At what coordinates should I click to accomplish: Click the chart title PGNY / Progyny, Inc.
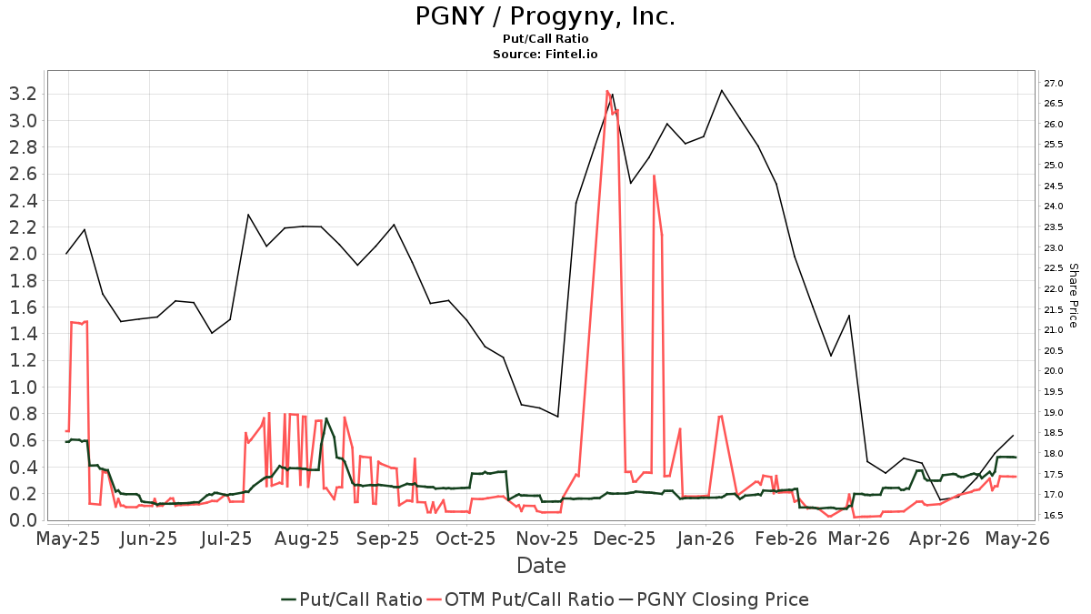point(545,16)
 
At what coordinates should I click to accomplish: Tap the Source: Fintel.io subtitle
point(545,54)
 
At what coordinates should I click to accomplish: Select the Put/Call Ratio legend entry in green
point(352,599)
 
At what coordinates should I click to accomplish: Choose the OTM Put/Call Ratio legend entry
point(521,599)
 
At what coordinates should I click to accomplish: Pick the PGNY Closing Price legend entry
point(714,599)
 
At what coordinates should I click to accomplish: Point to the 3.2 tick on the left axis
point(24,94)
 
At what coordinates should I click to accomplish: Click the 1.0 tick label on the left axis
point(24,388)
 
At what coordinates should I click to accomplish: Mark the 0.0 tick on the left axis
point(24,520)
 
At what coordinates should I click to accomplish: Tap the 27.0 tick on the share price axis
point(1054,84)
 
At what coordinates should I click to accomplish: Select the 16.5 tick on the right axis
point(1054,516)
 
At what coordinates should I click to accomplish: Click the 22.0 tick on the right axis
point(1054,289)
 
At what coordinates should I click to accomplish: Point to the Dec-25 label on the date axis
point(626,539)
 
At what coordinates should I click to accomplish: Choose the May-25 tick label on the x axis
point(68,539)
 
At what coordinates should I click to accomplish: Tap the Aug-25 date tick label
point(307,539)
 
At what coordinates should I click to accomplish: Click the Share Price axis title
point(1073,296)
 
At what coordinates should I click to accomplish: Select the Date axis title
point(541,566)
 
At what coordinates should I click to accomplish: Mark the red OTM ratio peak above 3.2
point(607,91)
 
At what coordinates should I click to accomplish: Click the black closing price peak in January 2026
point(721,91)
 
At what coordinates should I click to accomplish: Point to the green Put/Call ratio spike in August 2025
point(325,418)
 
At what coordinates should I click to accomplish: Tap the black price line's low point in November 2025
point(557,417)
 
